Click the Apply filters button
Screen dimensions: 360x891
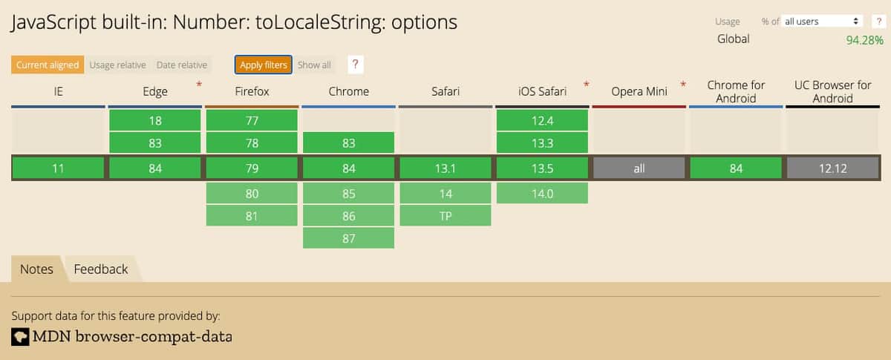tap(264, 65)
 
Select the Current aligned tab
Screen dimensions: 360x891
tap(48, 65)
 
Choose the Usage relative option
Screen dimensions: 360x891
tap(117, 65)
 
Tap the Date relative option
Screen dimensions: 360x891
tap(181, 65)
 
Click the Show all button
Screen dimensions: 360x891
tap(314, 65)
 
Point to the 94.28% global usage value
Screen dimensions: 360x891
tap(864, 40)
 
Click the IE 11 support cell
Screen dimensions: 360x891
tap(58, 168)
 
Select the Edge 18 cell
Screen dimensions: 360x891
tap(155, 120)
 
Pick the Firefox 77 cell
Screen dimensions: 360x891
tap(252, 120)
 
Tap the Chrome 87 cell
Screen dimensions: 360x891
tap(348, 238)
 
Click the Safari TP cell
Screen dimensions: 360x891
tap(446, 216)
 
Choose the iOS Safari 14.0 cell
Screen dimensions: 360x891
tap(542, 194)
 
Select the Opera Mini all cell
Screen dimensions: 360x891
tap(639, 168)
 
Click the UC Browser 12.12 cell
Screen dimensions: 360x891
tap(832, 168)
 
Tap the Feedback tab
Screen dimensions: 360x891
tap(101, 269)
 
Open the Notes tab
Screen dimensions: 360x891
tap(36, 269)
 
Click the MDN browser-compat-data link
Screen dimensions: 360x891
tap(131, 337)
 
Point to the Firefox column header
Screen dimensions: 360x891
tap(252, 91)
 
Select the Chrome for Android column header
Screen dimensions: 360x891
tap(736, 91)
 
